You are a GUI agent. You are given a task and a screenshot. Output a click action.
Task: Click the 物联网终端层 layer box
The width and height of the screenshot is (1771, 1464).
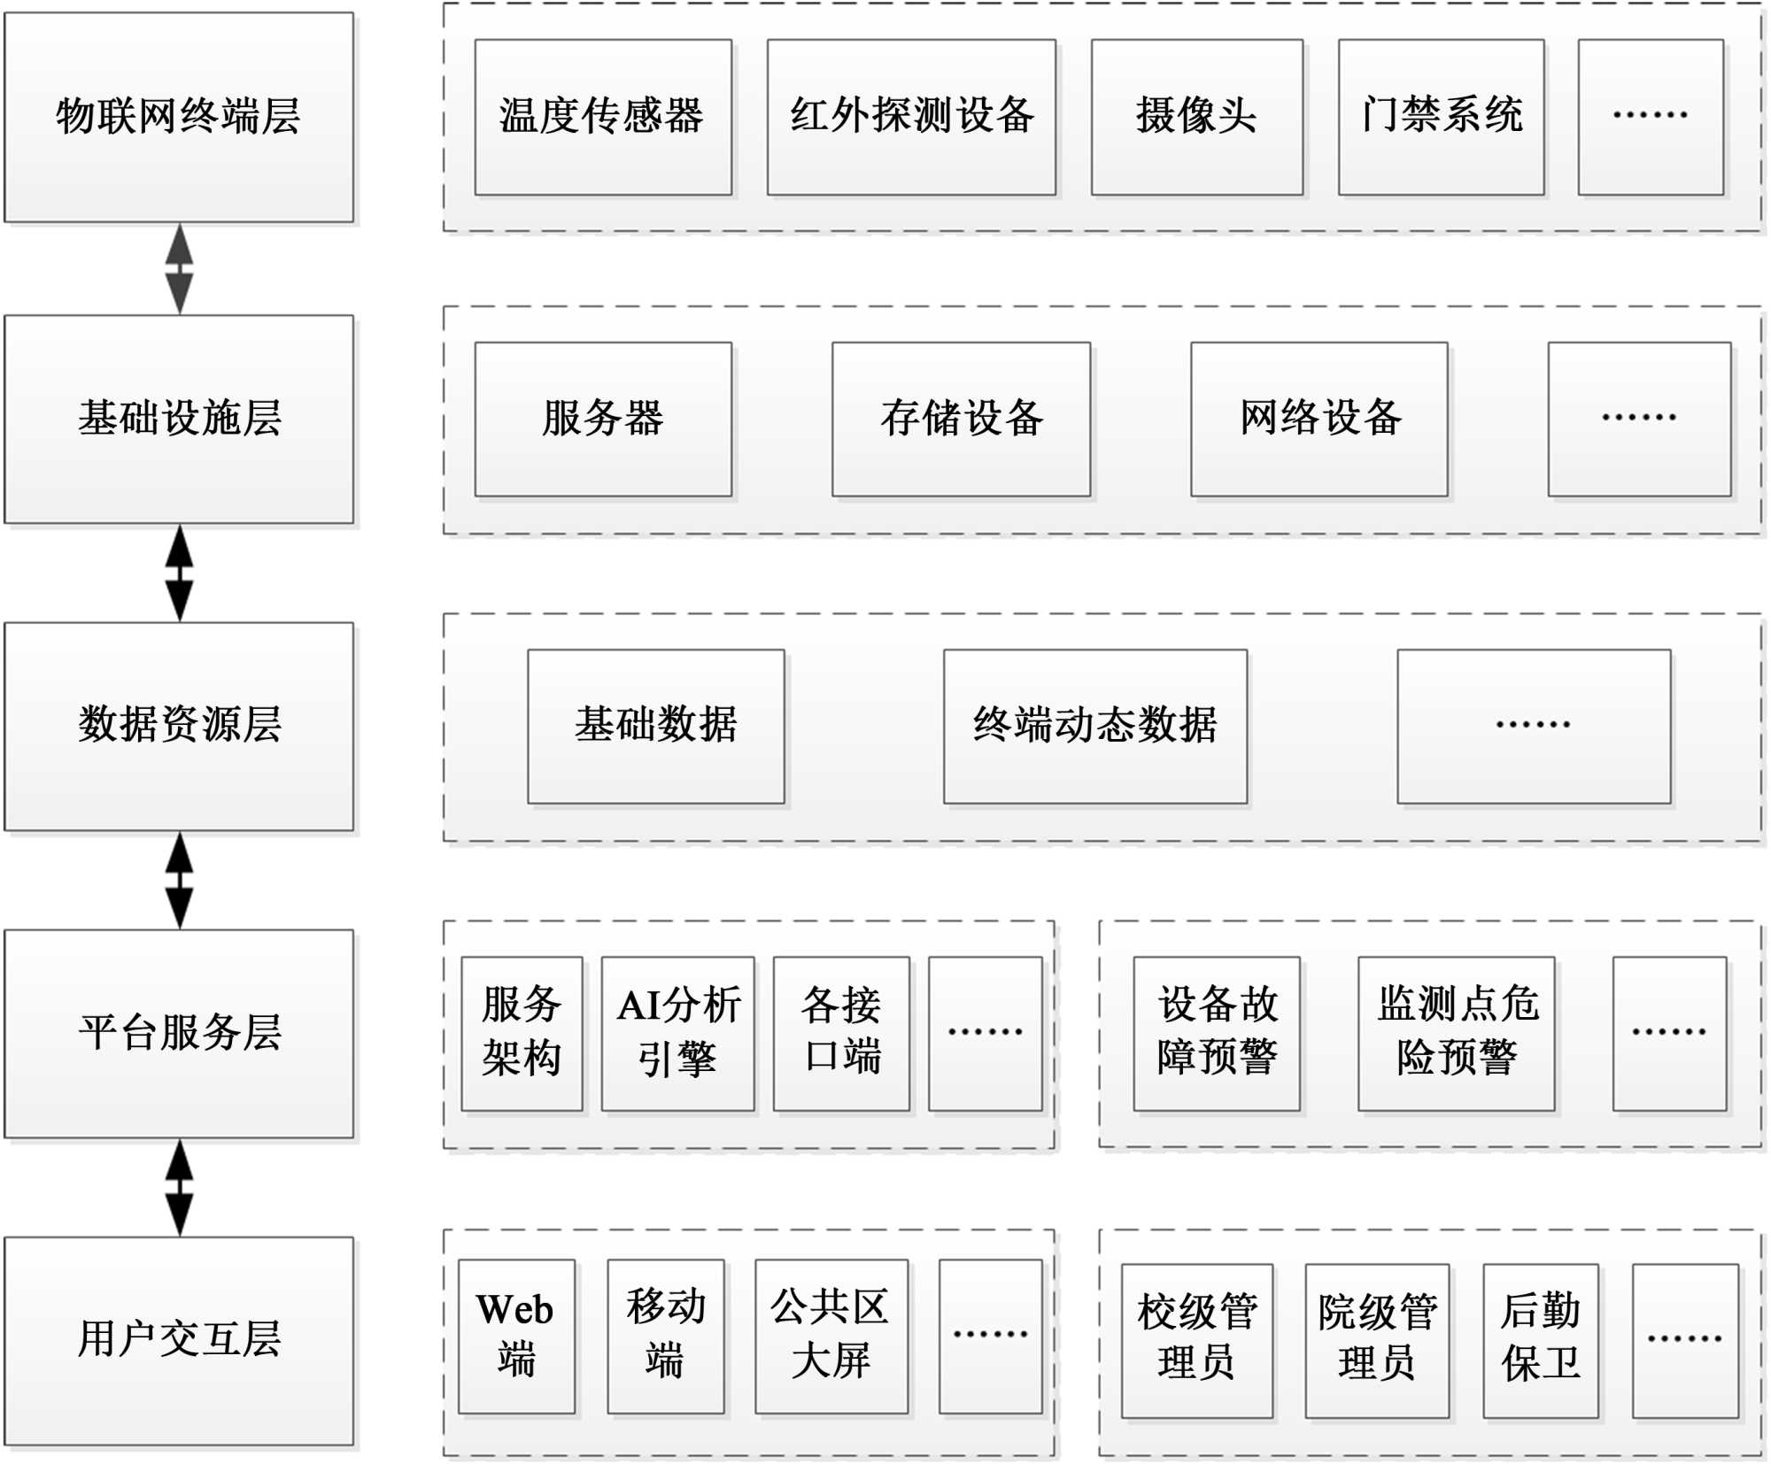tap(179, 117)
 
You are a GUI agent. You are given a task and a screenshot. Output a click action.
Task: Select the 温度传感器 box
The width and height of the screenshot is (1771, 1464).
tap(602, 117)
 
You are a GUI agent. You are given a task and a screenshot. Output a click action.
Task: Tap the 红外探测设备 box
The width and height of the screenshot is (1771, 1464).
tap(910, 117)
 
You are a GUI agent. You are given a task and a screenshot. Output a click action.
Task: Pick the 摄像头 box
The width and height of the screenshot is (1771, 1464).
tap(1196, 117)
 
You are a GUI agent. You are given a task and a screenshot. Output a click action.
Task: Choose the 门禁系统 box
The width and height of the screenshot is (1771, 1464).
tap(1441, 117)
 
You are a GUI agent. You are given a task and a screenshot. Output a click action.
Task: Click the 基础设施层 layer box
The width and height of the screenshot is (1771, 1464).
tap(179, 419)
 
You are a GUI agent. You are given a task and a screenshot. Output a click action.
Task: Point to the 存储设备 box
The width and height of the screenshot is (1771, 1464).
tap(961, 419)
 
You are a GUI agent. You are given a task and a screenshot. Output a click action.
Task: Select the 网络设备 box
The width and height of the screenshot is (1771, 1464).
tap(1319, 419)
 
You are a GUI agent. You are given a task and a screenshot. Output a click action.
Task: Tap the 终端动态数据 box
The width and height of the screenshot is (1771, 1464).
tap(1094, 726)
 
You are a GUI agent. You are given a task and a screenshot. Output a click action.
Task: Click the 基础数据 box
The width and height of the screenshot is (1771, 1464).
tap(655, 726)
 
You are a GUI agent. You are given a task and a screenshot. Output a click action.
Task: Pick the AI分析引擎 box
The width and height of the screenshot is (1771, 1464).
tap(677, 1033)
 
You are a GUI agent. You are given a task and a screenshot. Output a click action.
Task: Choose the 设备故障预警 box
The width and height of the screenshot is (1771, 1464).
tap(1216, 1033)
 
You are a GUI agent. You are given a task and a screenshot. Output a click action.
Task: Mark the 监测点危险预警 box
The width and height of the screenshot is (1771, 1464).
tap(1456, 1033)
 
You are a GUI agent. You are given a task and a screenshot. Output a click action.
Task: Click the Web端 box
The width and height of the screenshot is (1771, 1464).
tap(516, 1336)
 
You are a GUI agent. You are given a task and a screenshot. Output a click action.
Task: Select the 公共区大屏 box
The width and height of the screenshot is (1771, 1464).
tap(831, 1336)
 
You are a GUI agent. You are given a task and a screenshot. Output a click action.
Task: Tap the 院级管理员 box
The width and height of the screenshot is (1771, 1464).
tap(1376, 1339)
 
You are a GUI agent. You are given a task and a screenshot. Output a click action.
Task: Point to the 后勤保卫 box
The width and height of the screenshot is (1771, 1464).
tap(1540, 1339)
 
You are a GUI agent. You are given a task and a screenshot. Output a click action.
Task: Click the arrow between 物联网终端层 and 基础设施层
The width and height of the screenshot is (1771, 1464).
tap(180, 268)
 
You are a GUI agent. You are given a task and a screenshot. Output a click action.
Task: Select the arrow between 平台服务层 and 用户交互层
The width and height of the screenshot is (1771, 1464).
tap(180, 1187)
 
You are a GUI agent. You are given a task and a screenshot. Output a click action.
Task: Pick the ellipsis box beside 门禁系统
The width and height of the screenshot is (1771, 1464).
tap(1650, 117)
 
